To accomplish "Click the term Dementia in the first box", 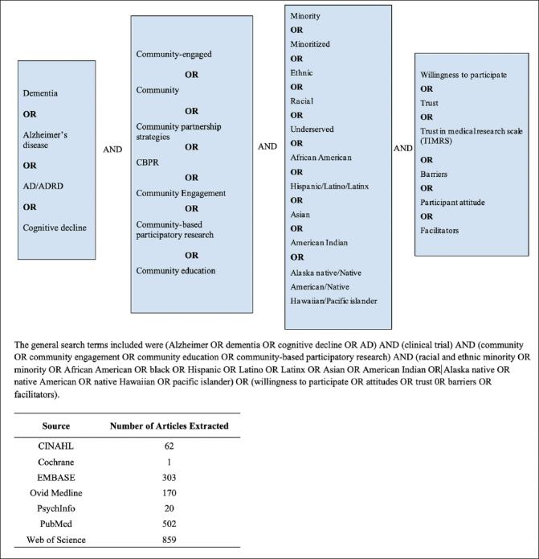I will (x=40, y=93).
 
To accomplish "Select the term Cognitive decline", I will (x=55, y=228).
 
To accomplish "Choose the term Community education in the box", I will (x=175, y=270).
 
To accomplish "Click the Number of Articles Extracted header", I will (x=170, y=425).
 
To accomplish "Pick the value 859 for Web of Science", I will (x=170, y=539).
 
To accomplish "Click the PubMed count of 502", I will (x=170, y=524).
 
